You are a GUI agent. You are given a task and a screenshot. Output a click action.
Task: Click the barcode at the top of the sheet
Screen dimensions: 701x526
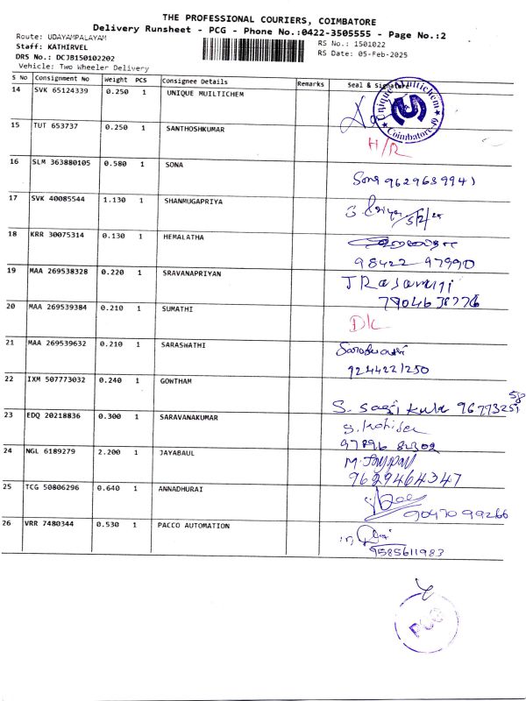[x=258, y=48]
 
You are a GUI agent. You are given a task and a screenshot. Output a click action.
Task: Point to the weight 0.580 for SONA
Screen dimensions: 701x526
[x=117, y=164]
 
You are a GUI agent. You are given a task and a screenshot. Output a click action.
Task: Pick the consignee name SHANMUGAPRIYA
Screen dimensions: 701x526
[x=194, y=201]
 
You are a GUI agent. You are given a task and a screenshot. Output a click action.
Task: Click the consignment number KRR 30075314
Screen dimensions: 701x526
[x=60, y=236]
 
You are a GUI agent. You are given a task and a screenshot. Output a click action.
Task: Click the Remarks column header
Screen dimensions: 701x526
[x=311, y=83]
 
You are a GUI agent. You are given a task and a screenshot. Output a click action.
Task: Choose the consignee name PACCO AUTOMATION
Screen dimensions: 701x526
[x=194, y=526]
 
